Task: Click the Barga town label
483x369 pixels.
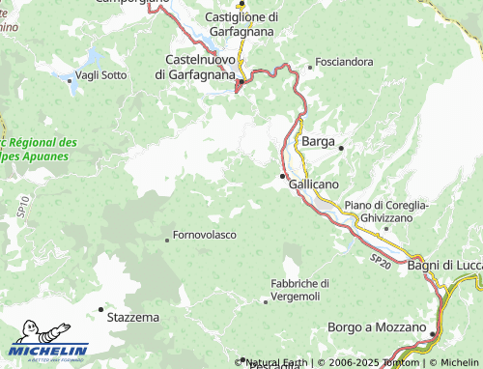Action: [318, 141]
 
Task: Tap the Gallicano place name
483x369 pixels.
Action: [314, 184]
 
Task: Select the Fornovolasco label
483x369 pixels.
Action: [205, 235]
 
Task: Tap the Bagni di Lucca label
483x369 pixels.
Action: [443, 265]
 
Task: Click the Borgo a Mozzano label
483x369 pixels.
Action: [377, 327]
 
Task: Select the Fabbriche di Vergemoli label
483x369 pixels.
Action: [300, 289]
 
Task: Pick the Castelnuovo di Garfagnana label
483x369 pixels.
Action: [195, 67]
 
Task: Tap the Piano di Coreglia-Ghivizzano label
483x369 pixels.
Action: [386, 212]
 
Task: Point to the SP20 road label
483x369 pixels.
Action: [380, 260]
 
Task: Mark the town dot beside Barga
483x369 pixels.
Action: [341, 147]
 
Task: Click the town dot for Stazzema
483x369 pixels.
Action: [100, 309]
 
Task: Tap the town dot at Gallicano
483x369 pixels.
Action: [282, 176]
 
